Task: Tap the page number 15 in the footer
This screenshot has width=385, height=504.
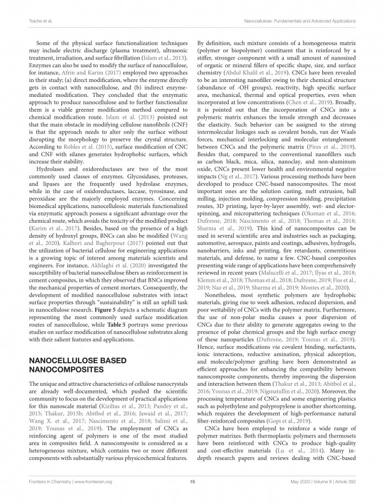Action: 193,481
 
